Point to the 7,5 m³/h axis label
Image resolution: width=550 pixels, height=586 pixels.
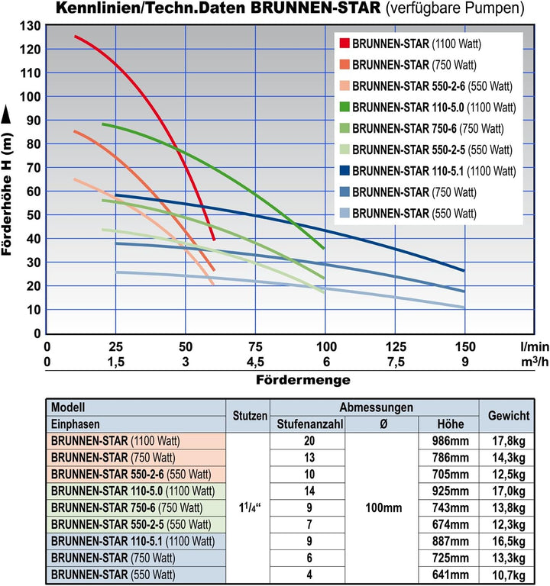(396, 361)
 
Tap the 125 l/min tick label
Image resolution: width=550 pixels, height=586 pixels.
(396, 346)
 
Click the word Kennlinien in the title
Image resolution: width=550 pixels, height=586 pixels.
(92, 9)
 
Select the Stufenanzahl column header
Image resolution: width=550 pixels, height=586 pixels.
(307, 424)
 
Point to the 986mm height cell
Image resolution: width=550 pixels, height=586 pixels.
(448, 440)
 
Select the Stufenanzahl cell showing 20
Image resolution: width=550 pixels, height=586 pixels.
(307, 440)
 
